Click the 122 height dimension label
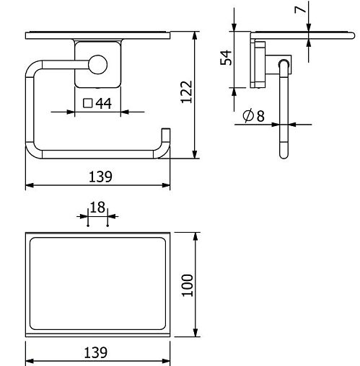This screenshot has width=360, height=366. coord(187,92)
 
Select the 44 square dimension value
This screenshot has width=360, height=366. coord(104,104)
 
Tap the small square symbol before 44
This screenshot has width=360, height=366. coord(88,103)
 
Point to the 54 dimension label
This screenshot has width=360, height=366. coord(226,58)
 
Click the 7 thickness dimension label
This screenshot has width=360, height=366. coord(300,9)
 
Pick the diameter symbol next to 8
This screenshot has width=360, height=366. coord(248,115)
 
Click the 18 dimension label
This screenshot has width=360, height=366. coord(97,207)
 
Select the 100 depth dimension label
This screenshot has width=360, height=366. coord(188,285)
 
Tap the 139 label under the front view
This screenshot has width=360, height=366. coord(100,177)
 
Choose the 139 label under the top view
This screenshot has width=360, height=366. coord(95,352)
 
